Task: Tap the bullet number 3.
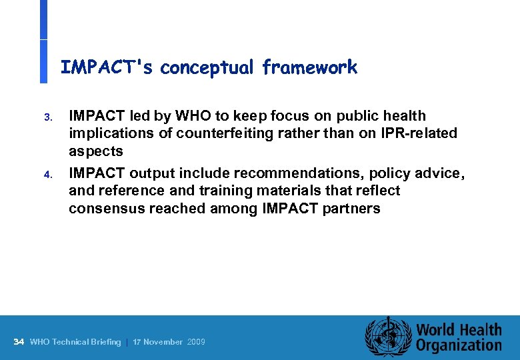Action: pyautogui.click(x=47, y=117)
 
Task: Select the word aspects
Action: pyautogui.click(x=95, y=151)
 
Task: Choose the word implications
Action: pyautogui.click(x=109, y=133)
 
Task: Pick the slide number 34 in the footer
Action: pyautogui.click(x=19, y=342)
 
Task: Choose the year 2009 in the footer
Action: pyautogui.click(x=196, y=342)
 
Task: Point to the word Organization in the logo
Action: pyautogui.click(x=459, y=345)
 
